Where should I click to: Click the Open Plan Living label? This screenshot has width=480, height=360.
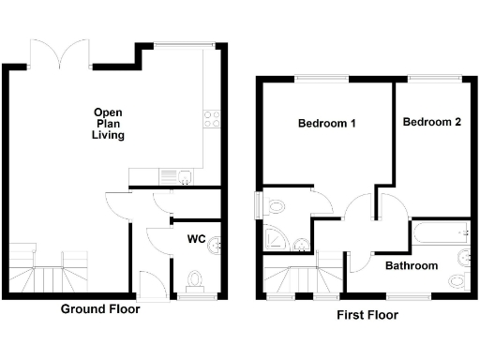[x=108, y=123]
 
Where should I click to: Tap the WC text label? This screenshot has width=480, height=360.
[x=196, y=239]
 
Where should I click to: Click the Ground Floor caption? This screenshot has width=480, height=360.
[x=100, y=308]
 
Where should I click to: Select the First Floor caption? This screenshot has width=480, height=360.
[x=367, y=315]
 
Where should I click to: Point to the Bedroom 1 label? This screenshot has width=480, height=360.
[x=326, y=124]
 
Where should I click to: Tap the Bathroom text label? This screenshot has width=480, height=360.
[x=412, y=266]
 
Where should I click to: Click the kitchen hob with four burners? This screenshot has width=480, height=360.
[x=212, y=118]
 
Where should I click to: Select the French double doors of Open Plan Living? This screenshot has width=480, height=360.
[x=61, y=52]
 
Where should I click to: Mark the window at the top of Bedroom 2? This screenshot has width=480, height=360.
[x=432, y=80]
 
